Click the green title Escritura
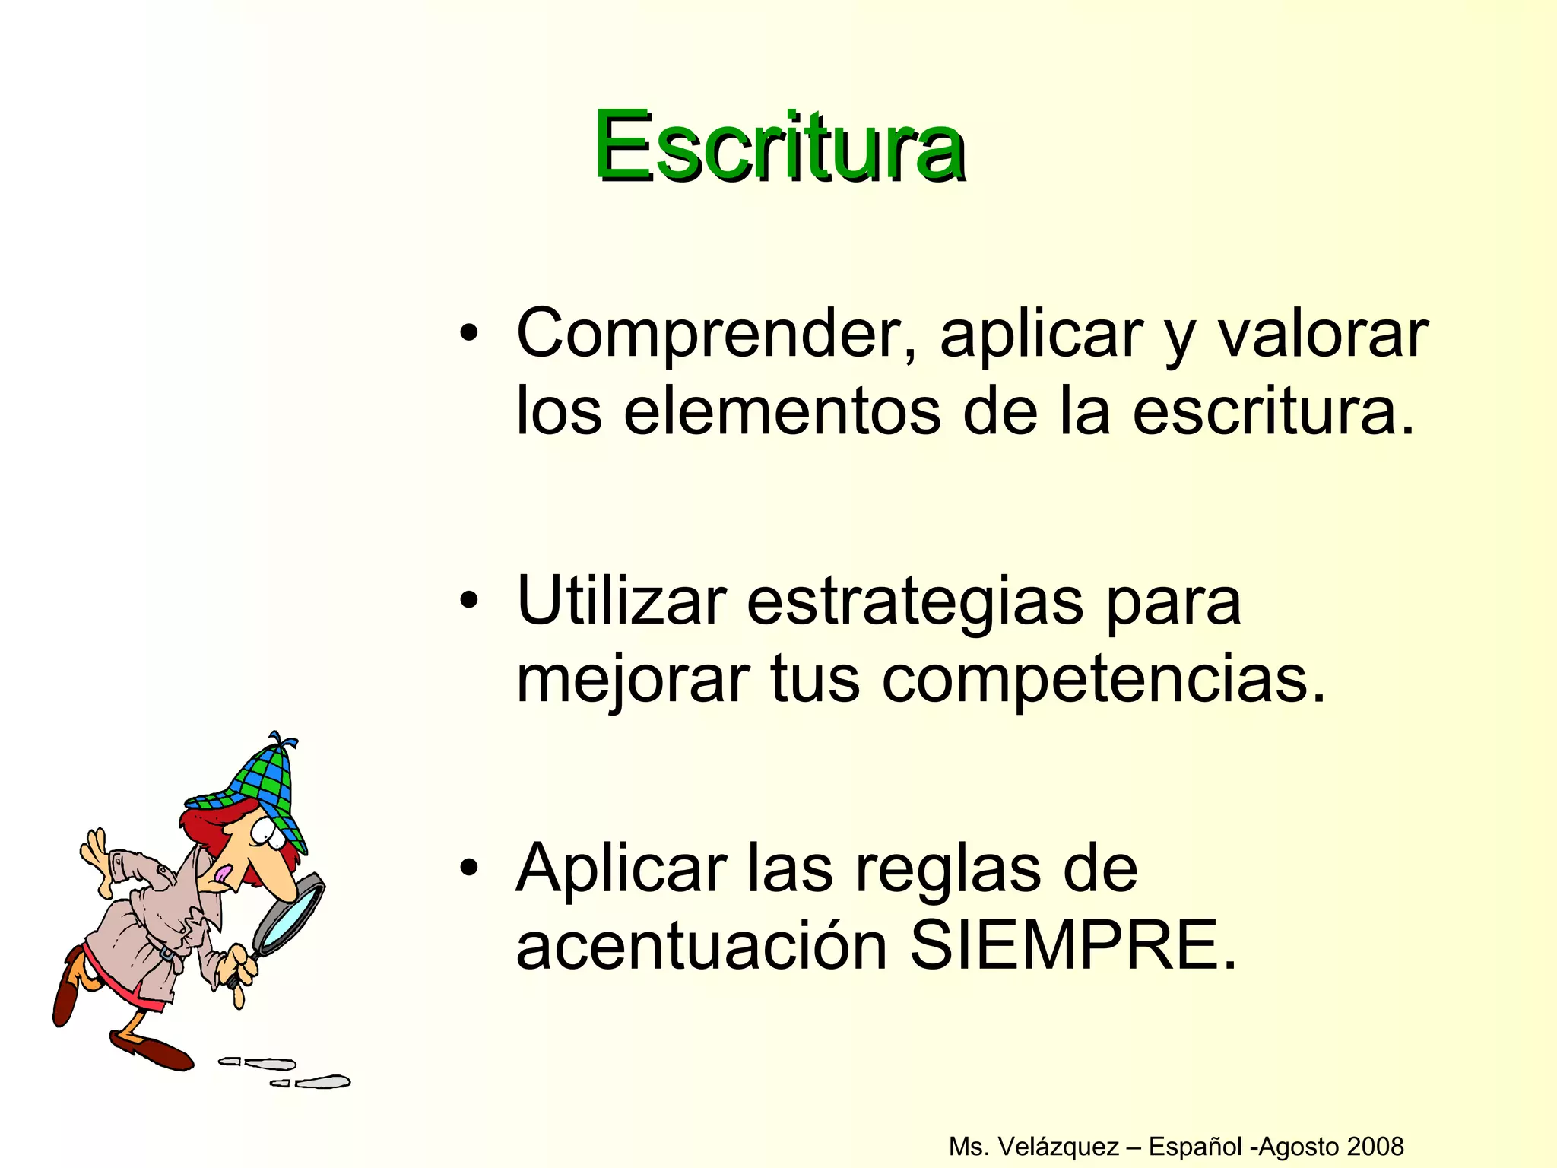779,146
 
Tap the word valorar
1323,335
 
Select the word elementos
782,412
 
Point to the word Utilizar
620,601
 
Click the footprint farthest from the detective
323,1081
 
